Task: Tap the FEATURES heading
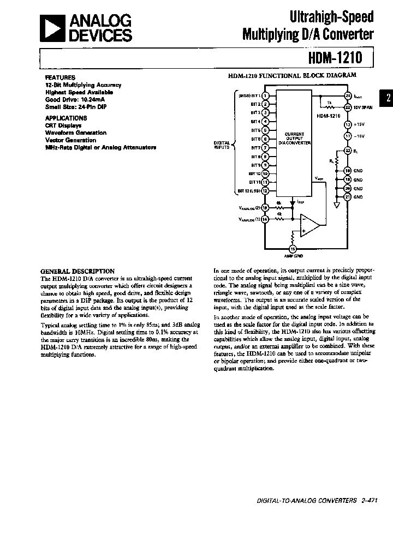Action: pos(60,77)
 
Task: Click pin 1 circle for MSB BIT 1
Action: pos(265,95)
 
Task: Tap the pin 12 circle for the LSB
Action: pos(265,191)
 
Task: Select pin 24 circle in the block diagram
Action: pos(347,95)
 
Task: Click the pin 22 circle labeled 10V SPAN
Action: pos(347,107)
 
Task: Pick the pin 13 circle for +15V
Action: pos(347,125)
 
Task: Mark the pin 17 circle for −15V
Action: pos(347,136)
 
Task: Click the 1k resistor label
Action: pos(329,103)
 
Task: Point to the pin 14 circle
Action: pos(265,219)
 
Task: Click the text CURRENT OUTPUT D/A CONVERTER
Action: pos(294,138)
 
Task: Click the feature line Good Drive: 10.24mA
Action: pos(79,100)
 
